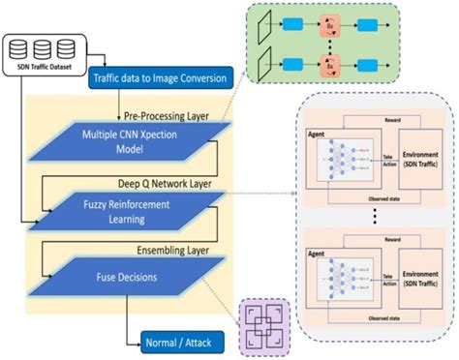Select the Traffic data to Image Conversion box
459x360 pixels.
tap(161, 76)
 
